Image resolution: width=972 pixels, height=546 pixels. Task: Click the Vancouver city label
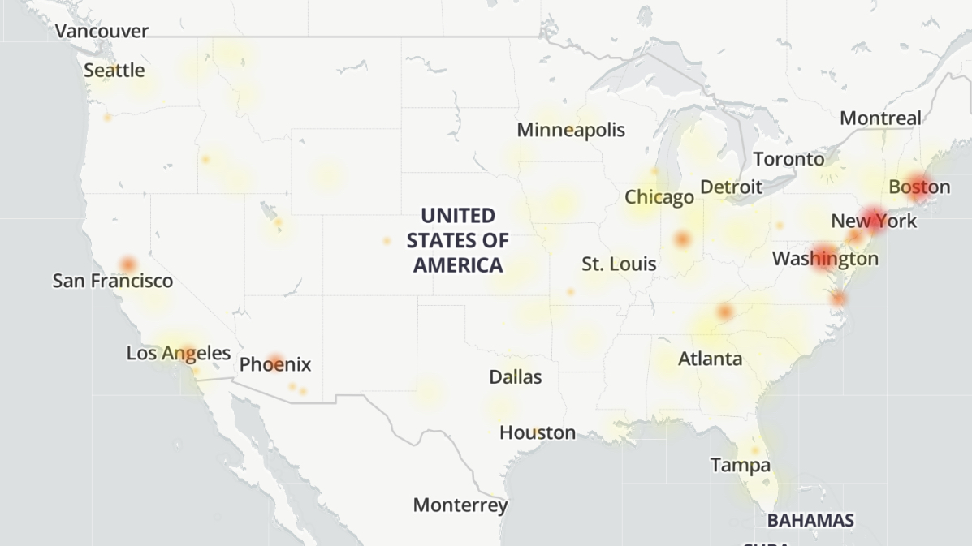point(102,31)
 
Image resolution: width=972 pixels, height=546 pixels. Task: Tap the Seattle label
point(114,71)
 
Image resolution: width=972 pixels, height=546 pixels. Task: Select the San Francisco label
point(113,281)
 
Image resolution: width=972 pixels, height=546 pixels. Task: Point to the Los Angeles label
point(179,354)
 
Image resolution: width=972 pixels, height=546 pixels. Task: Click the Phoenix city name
point(275,365)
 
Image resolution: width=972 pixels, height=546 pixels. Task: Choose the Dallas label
point(515,377)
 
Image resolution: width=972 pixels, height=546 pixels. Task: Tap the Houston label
point(538,433)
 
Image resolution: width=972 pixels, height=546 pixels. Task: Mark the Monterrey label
point(460,505)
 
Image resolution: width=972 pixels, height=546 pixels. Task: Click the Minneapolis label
point(571,130)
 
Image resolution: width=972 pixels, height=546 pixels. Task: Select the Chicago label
point(659,197)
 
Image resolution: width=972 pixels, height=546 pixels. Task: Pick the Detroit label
point(731,187)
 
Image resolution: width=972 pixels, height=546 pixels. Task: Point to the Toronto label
point(788,159)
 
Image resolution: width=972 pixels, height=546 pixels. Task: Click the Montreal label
point(880,118)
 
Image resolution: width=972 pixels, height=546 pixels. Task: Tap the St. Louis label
point(619,264)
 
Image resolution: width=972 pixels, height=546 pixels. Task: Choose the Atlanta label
point(710,359)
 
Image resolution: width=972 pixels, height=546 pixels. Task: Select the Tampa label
point(741,466)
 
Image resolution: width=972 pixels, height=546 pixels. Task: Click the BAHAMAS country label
point(810,520)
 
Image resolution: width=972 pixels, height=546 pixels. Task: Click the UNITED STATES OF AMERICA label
point(458,240)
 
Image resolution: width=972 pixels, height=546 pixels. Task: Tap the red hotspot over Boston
point(919,185)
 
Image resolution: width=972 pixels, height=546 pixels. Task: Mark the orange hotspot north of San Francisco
point(128,264)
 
